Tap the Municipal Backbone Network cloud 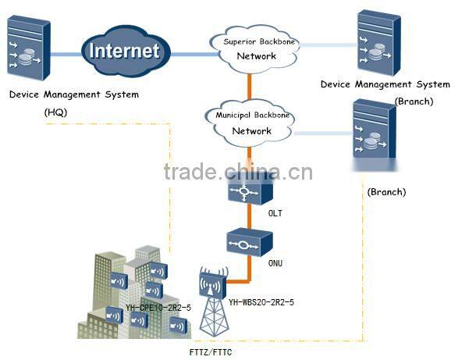pos(252,123)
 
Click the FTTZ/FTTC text pos(211,351)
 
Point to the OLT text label pos(274,210)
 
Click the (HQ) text pos(56,112)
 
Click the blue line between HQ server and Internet pos(69,52)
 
